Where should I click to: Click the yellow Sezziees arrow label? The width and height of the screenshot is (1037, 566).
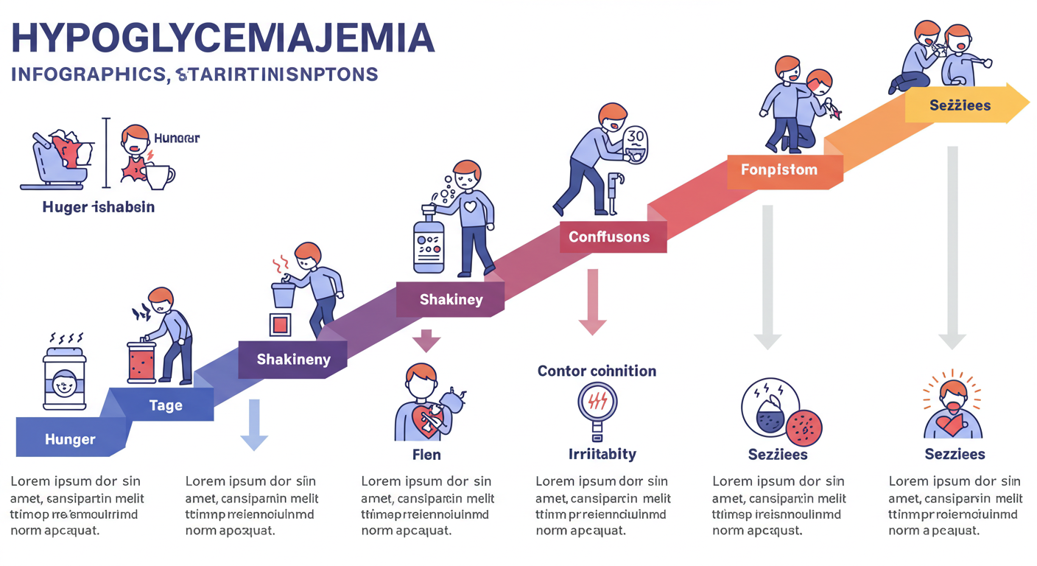(960, 105)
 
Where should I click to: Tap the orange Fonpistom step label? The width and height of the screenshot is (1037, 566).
(778, 170)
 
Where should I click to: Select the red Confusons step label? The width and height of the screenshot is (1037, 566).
(609, 237)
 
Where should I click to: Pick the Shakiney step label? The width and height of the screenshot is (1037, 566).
(451, 299)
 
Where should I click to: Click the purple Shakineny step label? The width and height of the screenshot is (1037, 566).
(293, 360)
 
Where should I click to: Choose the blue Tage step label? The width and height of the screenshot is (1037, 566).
(166, 405)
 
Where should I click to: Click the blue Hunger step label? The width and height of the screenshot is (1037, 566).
(70, 439)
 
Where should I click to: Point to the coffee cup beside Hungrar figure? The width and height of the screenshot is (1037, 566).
(160, 175)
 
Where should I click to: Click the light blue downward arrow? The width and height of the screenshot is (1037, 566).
(254, 424)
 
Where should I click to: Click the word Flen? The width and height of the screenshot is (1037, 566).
(426, 455)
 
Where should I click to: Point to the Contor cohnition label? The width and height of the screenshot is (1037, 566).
(597, 371)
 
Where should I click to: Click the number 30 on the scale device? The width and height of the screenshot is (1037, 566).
(636, 136)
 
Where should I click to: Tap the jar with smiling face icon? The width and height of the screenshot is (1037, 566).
(65, 377)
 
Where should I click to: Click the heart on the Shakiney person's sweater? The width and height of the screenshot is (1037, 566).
(469, 207)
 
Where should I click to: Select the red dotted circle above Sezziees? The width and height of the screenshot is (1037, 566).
(804, 427)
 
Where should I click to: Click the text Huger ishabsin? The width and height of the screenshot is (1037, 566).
(99, 207)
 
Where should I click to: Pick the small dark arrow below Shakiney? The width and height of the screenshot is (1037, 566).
(426, 340)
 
